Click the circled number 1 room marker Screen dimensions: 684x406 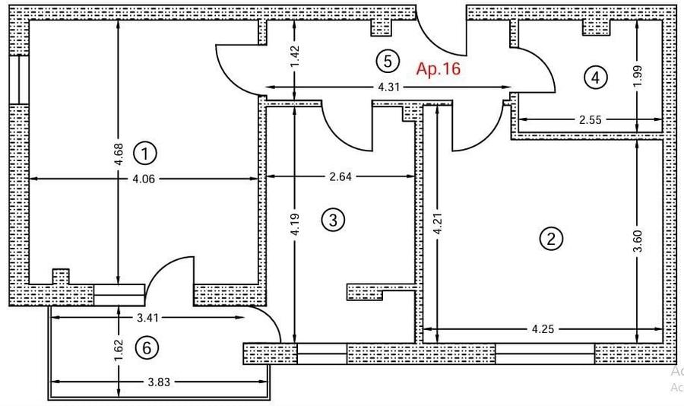point(145,154)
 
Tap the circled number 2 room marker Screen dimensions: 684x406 point(552,239)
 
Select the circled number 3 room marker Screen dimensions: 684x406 point(333,220)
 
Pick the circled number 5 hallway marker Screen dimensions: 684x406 point(388,61)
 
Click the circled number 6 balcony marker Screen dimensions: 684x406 point(147,348)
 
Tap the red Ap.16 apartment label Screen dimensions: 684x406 point(439,69)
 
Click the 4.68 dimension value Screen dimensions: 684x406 point(119,154)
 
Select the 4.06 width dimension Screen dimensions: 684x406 point(144,179)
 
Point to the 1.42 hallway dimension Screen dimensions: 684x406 point(295,57)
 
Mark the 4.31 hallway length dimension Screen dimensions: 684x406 point(388,87)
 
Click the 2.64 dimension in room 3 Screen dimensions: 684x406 point(340,177)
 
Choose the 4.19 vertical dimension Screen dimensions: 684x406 point(295,224)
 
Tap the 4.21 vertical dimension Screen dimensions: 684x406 point(438,223)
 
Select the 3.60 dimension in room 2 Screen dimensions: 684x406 point(638,241)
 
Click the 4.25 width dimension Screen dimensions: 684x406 point(543,328)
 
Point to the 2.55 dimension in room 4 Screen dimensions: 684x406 point(591,119)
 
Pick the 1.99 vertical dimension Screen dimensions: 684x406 point(638,76)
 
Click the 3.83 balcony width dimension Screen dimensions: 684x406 point(159,382)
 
